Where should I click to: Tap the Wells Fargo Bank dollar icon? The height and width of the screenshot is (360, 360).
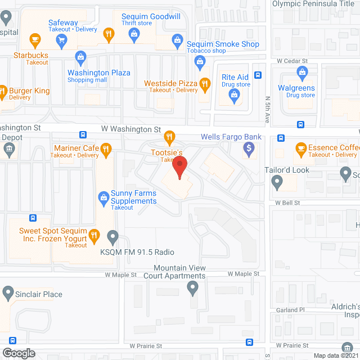[249, 148]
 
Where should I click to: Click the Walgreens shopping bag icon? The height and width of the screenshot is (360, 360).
[303, 72]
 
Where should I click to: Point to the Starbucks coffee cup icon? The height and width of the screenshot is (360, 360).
[35, 39]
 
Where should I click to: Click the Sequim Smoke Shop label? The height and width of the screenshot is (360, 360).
[223, 44]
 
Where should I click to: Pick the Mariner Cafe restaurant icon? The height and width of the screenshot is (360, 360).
[106, 148]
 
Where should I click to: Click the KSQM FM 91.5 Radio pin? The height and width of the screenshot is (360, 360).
[113, 237]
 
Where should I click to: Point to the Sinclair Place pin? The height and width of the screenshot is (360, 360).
[8, 292]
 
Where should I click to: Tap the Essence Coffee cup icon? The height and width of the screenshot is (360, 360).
[300, 149]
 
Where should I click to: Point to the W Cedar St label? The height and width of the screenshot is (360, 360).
[294, 61]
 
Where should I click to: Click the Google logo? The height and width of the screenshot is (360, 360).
[18, 353]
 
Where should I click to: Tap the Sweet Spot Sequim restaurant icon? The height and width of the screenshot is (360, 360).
[95, 235]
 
